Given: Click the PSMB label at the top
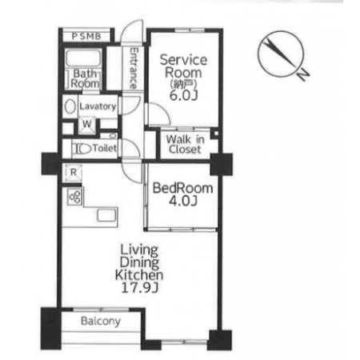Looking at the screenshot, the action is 86,37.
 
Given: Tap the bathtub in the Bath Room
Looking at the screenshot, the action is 83,58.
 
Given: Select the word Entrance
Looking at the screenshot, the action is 134,68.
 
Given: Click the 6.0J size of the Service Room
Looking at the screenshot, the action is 183,95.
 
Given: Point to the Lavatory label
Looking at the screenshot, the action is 98,106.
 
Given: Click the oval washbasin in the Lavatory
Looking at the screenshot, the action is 70,106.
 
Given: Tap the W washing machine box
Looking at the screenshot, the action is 87,125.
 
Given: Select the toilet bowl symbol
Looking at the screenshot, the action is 82,149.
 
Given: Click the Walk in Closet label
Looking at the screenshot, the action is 185,144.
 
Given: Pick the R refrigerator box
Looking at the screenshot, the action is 73,173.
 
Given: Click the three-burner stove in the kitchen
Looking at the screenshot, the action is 74,197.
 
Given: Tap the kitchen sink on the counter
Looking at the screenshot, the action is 107,215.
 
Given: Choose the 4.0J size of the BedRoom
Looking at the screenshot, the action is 183,201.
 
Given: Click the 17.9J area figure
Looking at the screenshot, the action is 140,287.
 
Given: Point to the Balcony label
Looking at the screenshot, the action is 101,321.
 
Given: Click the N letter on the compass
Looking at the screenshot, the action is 302,74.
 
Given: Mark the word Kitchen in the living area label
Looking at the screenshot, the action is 139,275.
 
